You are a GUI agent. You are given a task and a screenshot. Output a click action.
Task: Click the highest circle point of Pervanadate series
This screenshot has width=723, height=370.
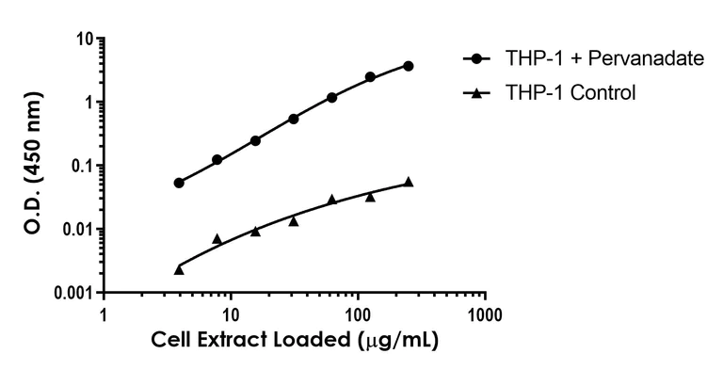click(408, 66)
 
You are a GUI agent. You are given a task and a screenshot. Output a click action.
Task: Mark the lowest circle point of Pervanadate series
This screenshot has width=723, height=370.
click(179, 183)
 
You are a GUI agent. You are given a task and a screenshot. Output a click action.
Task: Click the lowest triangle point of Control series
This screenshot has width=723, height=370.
click(179, 270)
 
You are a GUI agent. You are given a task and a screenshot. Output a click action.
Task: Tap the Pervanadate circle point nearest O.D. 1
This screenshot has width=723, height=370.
click(331, 97)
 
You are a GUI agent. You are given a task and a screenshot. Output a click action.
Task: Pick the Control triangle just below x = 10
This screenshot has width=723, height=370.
click(217, 239)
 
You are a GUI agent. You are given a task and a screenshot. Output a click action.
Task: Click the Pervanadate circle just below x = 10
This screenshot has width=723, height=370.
click(217, 160)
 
